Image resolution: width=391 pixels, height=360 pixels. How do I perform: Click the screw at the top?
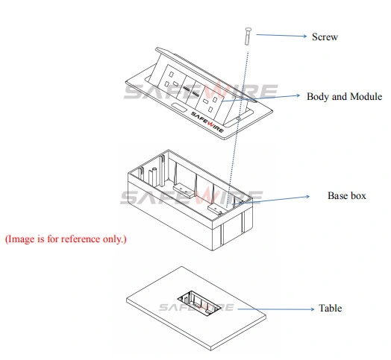pos(248,37)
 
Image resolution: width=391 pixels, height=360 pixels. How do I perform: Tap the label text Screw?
pos(325,37)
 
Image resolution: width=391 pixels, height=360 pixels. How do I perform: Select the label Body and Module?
pos(344,96)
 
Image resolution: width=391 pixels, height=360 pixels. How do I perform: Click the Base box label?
pos(347,195)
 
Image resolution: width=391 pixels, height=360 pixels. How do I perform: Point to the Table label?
pos(330,308)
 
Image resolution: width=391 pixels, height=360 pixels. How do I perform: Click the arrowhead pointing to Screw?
pos(304,36)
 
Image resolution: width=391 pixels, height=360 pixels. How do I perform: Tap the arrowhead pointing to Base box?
pos(307,197)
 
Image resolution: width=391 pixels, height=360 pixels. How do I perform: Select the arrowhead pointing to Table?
pos(312,309)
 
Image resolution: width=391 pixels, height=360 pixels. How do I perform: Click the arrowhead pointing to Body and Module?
pos(297,95)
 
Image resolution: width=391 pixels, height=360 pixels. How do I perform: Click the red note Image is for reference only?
pos(66,239)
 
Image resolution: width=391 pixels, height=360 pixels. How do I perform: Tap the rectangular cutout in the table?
pos(199,303)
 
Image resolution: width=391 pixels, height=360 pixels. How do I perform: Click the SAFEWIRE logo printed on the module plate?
pos(207,121)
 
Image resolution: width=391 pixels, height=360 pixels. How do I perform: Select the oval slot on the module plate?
pos(179,108)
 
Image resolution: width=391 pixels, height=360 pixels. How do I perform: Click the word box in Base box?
pos(358,195)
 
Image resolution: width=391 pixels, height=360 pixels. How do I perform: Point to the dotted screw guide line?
pos(237,130)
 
